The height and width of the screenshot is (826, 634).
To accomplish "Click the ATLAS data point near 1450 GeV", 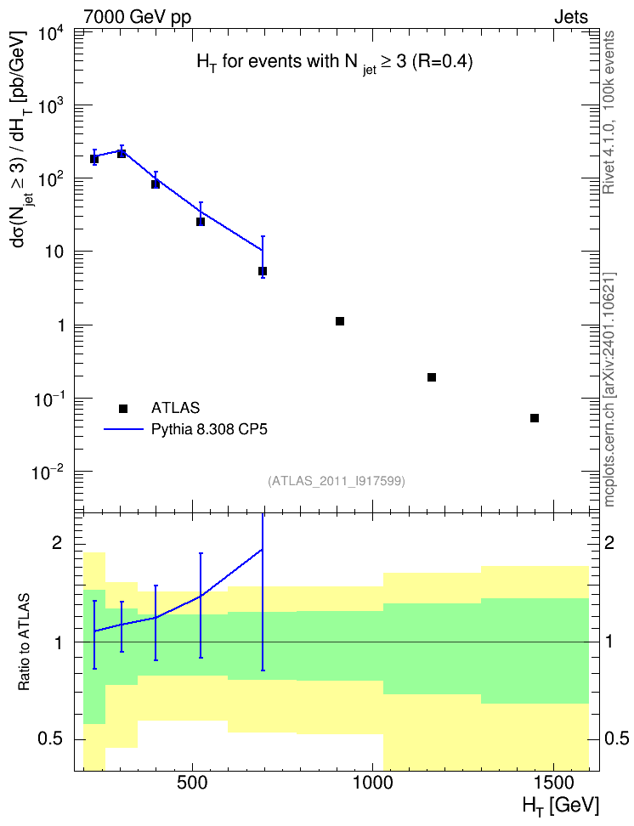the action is pyautogui.click(x=535, y=418).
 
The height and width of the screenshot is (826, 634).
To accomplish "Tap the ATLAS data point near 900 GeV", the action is pyautogui.click(x=340, y=321).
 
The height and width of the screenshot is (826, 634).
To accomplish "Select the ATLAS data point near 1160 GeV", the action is pyautogui.click(x=432, y=377).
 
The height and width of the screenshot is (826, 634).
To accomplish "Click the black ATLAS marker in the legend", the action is pyautogui.click(x=123, y=408).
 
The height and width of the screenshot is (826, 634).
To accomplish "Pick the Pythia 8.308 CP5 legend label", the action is pyautogui.click(x=209, y=430).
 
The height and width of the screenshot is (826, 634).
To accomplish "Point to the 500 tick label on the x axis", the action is pyautogui.click(x=192, y=783).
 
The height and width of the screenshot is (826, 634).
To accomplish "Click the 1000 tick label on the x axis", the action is pyautogui.click(x=372, y=783).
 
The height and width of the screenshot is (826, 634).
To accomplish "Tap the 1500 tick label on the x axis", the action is pyautogui.click(x=553, y=783).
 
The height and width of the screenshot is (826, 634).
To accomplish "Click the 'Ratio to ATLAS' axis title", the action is pyautogui.click(x=24, y=642).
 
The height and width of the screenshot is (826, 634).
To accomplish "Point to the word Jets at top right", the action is pyautogui.click(x=571, y=17).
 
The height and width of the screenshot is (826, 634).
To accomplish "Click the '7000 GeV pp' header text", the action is pyautogui.click(x=137, y=18).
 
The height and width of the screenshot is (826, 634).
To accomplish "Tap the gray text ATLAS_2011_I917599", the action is pyautogui.click(x=337, y=481).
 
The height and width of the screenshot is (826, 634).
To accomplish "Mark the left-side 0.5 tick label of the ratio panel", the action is pyautogui.click(x=51, y=739).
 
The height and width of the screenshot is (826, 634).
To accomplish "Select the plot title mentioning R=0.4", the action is pyautogui.click(x=335, y=63).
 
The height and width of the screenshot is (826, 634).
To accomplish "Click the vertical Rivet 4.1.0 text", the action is pyautogui.click(x=609, y=112).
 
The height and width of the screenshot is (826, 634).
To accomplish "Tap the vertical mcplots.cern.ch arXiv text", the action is pyautogui.click(x=609, y=389).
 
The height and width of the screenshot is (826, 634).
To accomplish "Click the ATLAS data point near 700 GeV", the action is pyautogui.click(x=263, y=271).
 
